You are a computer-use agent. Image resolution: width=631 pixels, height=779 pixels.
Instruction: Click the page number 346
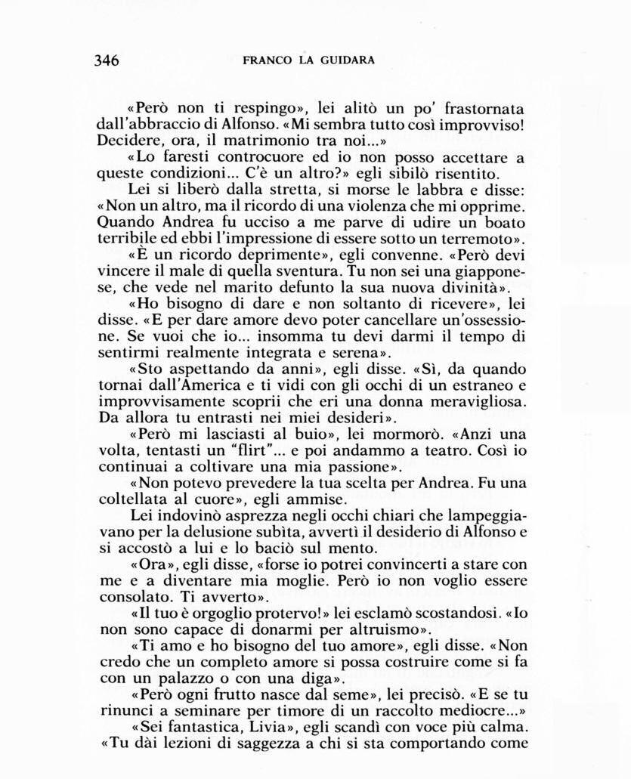pyautogui.click(x=107, y=60)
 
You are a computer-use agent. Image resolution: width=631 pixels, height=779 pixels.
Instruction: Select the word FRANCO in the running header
pyautogui.click(x=264, y=60)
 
